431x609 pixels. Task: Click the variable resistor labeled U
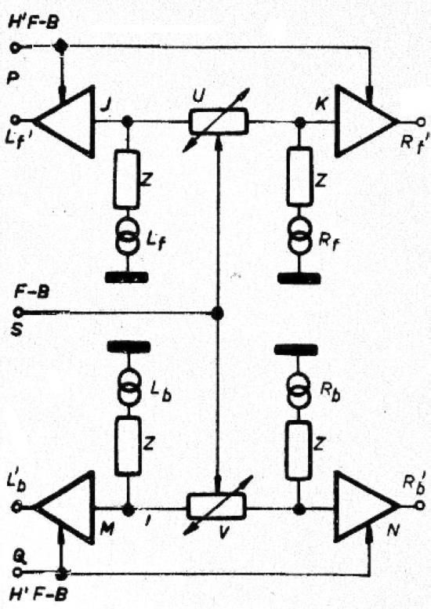(x=218, y=121)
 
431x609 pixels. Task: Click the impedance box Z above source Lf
(x=127, y=179)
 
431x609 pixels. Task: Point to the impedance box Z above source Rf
(x=300, y=176)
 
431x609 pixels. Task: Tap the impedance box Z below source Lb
(x=128, y=446)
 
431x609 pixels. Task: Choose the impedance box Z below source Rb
(x=299, y=451)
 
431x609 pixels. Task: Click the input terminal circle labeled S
(x=18, y=312)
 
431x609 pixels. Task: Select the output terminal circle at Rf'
(x=422, y=121)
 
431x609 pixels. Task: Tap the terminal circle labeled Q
(x=17, y=572)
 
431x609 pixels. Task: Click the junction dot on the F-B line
(x=217, y=313)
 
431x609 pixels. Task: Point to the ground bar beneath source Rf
(x=299, y=278)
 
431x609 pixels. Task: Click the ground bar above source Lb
(x=129, y=346)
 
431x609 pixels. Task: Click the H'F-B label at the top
(x=34, y=23)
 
